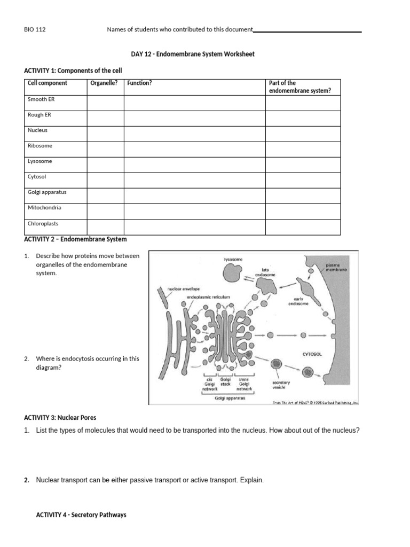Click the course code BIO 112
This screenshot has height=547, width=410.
tap(35, 30)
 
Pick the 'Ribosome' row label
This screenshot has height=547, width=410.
tap(40, 146)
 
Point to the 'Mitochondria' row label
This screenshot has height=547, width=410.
tap(44, 208)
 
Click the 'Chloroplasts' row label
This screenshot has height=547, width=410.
tap(43, 224)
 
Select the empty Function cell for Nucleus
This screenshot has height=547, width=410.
tap(194, 134)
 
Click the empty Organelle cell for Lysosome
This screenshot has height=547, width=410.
tap(105, 165)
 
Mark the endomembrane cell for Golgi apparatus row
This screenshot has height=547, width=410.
tap(302, 196)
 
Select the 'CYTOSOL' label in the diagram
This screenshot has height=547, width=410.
tap(312, 354)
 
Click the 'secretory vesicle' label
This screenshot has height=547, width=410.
tap(281, 386)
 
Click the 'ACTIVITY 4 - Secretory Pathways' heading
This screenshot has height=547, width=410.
tap(81, 515)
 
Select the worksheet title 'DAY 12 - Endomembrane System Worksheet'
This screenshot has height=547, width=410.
tap(193, 54)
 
